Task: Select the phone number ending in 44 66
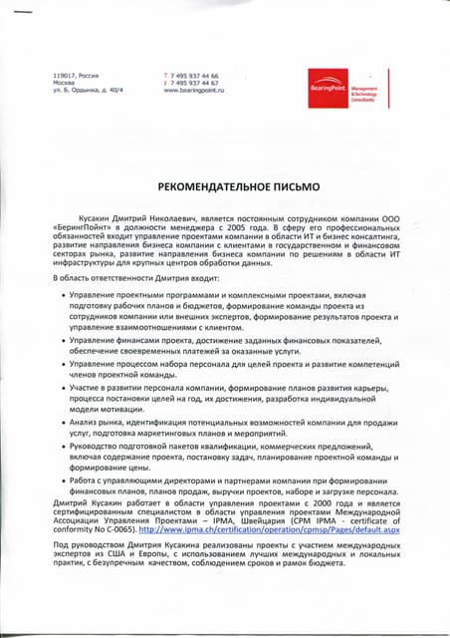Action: [197, 76]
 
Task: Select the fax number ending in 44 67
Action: [197, 83]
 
